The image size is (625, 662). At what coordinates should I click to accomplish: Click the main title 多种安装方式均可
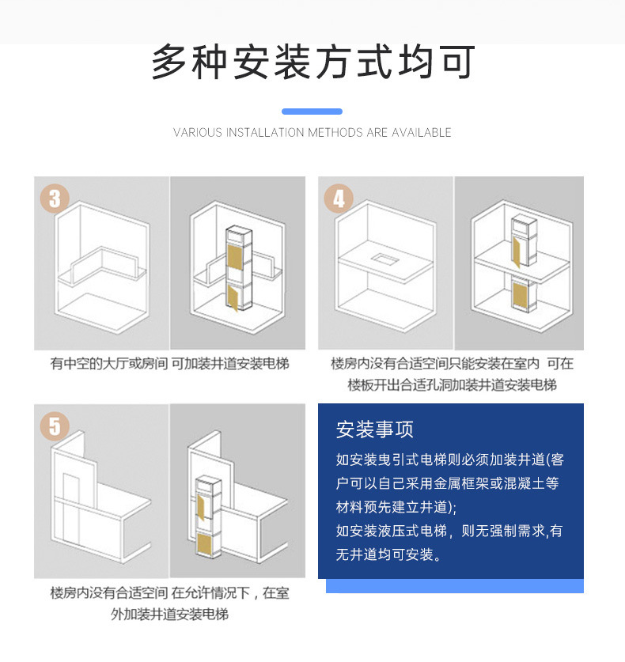coord(312,62)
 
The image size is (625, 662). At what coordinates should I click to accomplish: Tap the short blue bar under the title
coord(312,112)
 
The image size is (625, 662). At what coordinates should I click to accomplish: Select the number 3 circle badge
coord(54,198)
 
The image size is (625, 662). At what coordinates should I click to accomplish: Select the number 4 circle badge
coord(339,198)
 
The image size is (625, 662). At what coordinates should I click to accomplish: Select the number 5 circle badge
coord(54,426)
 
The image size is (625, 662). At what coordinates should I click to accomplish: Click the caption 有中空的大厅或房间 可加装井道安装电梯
coord(169,364)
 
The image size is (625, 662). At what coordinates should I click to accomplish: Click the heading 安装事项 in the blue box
coord(375,429)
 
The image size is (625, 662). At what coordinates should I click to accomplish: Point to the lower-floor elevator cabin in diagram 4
coord(521,294)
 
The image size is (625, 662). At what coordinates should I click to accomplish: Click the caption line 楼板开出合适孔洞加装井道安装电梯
coord(452,385)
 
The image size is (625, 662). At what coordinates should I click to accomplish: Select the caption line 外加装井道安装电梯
coord(169,613)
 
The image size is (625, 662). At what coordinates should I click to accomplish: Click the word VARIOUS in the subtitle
coord(198,133)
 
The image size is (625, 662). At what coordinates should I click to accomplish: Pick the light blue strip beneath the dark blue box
coord(454,586)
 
